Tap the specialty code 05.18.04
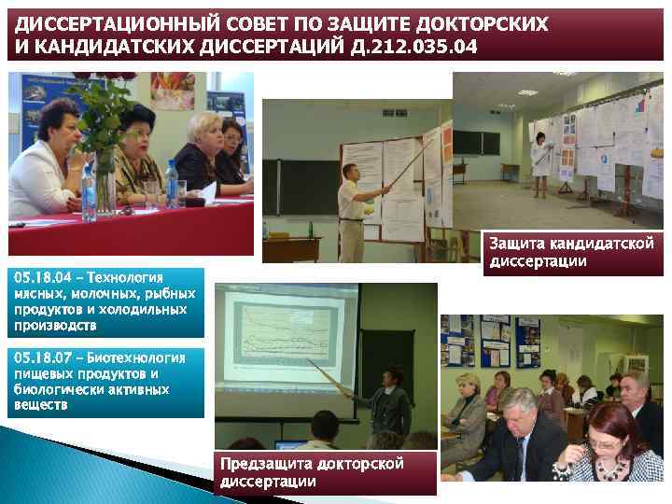tap(38, 277)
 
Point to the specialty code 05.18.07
tap(38, 357)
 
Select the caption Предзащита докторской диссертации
tap(312, 473)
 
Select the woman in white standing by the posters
tap(539, 163)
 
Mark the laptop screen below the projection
tap(290, 444)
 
